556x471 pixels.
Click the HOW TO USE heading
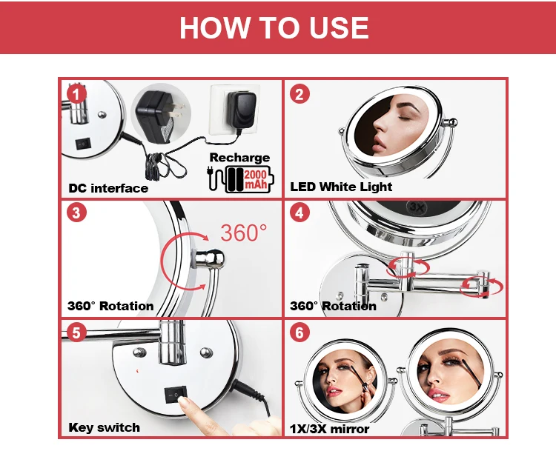point(274,27)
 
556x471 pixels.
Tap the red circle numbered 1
point(76,95)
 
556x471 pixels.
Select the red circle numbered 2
point(299,94)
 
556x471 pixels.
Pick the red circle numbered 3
point(76,213)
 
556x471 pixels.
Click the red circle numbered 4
point(299,213)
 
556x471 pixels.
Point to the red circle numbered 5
point(76,333)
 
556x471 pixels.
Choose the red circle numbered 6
point(299,333)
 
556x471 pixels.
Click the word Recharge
point(239,158)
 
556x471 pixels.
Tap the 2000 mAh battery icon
point(241,179)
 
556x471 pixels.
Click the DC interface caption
point(108,188)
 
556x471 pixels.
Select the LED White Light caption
point(341,187)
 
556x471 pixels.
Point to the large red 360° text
point(244,233)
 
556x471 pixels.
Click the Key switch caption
point(105,427)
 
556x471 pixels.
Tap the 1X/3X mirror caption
point(330,429)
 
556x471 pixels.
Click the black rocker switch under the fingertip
point(176,394)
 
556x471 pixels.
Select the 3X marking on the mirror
point(417,207)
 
